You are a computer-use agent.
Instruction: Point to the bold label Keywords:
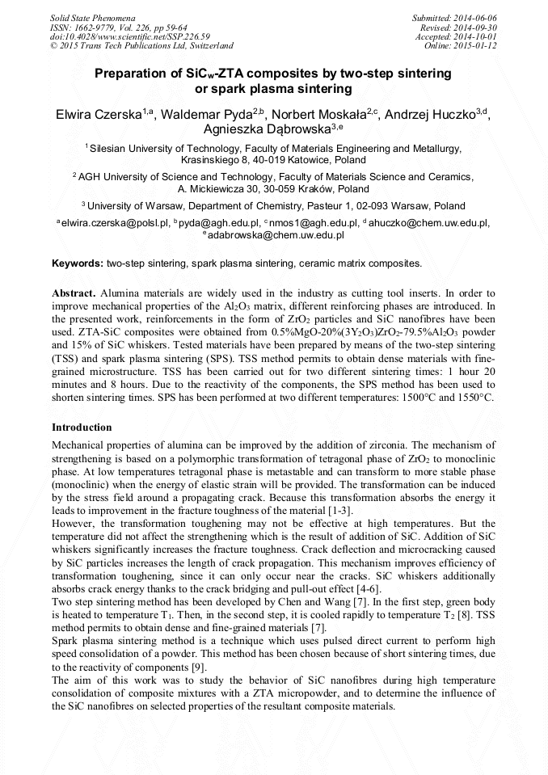[x=78, y=263]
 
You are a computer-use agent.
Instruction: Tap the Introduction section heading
[x=82, y=427]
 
